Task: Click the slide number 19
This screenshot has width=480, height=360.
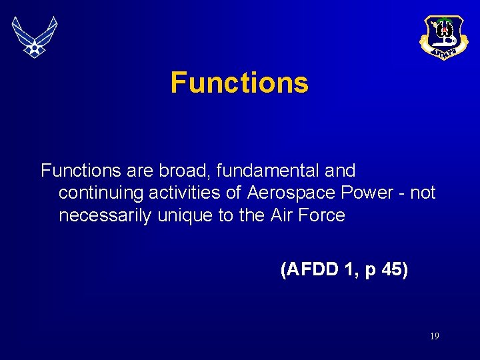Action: tap(434, 337)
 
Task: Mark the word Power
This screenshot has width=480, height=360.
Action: tap(366, 193)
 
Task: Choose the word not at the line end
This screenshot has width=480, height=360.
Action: tap(423, 193)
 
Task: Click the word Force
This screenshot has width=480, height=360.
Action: tap(322, 215)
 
